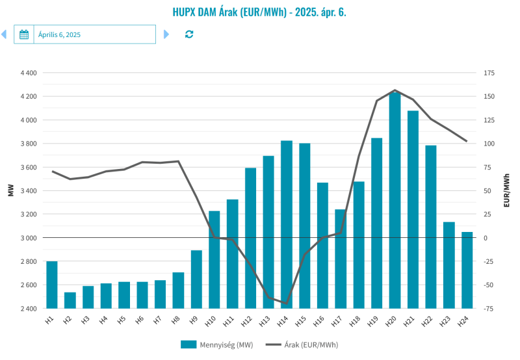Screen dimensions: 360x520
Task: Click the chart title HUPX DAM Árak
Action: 259,12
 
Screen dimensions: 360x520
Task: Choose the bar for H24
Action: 467,270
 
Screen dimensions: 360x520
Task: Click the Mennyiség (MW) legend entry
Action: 217,344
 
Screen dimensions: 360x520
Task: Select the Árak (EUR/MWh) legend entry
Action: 303,344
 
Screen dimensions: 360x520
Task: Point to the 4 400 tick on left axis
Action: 29,73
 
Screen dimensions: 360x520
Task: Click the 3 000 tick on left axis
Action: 29,238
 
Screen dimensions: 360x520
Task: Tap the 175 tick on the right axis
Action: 488,73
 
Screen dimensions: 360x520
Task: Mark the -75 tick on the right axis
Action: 488,309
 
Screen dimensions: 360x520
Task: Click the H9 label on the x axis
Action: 194,320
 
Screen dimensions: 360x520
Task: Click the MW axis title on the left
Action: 10,190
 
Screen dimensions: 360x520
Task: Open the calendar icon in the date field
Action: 24,34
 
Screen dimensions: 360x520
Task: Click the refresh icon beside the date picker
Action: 189,34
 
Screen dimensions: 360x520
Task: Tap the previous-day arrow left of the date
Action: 4,34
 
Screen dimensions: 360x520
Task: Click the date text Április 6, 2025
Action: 59,34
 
